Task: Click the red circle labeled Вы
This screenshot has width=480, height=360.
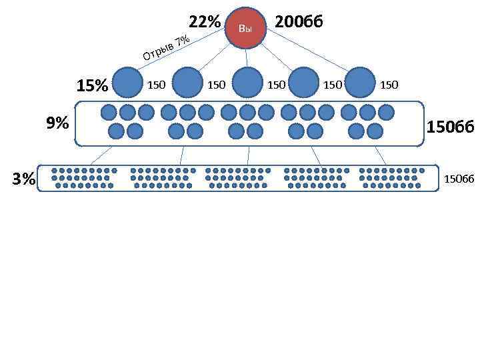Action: tap(246, 29)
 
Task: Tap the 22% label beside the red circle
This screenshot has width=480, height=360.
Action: tap(204, 22)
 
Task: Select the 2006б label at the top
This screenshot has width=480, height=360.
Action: tap(299, 22)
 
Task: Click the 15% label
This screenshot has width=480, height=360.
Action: tap(92, 86)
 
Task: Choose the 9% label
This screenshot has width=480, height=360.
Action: tap(57, 123)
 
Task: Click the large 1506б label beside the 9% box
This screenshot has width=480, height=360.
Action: tap(450, 126)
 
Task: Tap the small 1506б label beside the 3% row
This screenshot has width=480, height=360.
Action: tap(459, 179)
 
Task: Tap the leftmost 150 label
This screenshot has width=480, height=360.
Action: tap(156, 85)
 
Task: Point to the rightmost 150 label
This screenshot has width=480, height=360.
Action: tap(389, 85)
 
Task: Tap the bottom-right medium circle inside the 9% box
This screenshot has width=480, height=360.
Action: tap(375, 131)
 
